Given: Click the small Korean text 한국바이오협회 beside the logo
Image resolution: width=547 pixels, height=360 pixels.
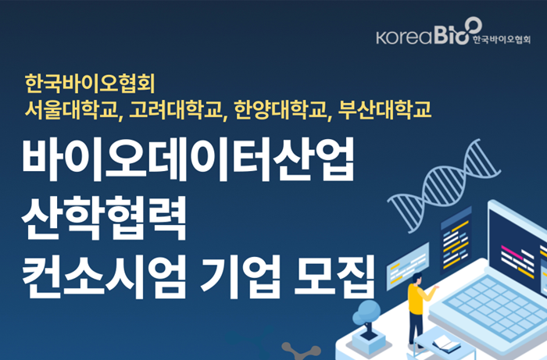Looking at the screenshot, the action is pyautogui.click(x=502, y=40).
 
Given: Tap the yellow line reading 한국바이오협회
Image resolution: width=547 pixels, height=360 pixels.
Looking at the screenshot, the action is pyautogui.click(x=90, y=84).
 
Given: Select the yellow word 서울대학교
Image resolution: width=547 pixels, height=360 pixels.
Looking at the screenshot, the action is pyautogui.click(x=72, y=110).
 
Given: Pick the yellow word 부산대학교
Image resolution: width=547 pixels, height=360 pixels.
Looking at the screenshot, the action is pyautogui.click(x=384, y=110).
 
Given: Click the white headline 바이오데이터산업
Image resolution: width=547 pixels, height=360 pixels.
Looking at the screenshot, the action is pyautogui.click(x=188, y=159).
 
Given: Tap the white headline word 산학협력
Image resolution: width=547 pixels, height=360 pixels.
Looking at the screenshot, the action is pyautogui.click(x=104, y=219).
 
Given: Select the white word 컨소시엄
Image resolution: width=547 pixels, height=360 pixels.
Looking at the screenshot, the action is pyautogui.click(x=104, y=277).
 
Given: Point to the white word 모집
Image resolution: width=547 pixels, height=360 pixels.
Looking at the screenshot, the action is pyautogui.click(x=334, y=277).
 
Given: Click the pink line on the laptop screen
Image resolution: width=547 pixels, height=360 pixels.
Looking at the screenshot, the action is pyautogui.click(x=512, y=252).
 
